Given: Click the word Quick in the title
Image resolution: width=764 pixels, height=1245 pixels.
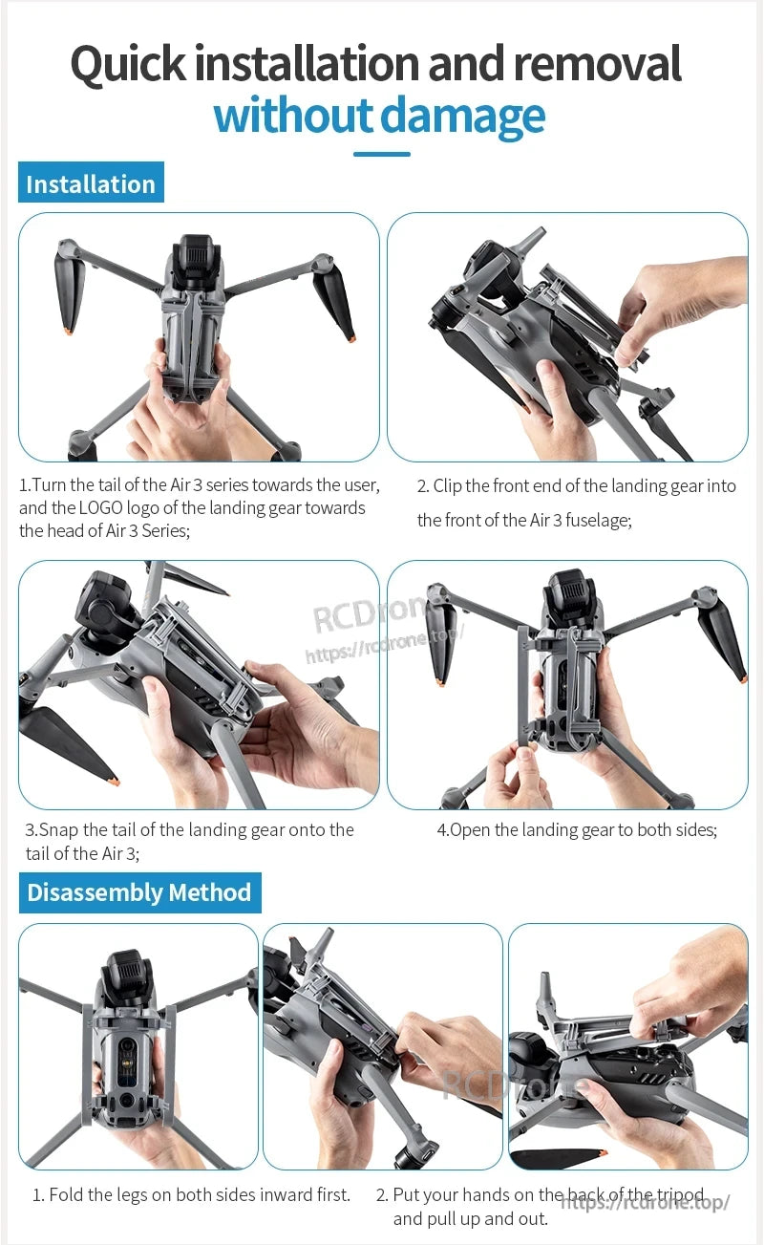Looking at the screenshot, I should coord(130,64).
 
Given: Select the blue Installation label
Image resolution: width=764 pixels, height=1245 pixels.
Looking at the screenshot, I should coord(91,183).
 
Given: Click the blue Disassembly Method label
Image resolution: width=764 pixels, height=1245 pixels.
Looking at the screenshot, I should coord(139,892).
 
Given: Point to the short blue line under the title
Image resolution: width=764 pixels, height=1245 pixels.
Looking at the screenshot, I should coord(382,154).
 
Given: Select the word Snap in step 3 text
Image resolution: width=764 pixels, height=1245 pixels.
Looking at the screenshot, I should coord(58,829).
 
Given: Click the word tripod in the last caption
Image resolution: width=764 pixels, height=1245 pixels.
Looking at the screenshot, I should coord(680,1194).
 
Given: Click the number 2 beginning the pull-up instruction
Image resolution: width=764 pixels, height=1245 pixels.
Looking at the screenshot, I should coord(381,1194).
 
